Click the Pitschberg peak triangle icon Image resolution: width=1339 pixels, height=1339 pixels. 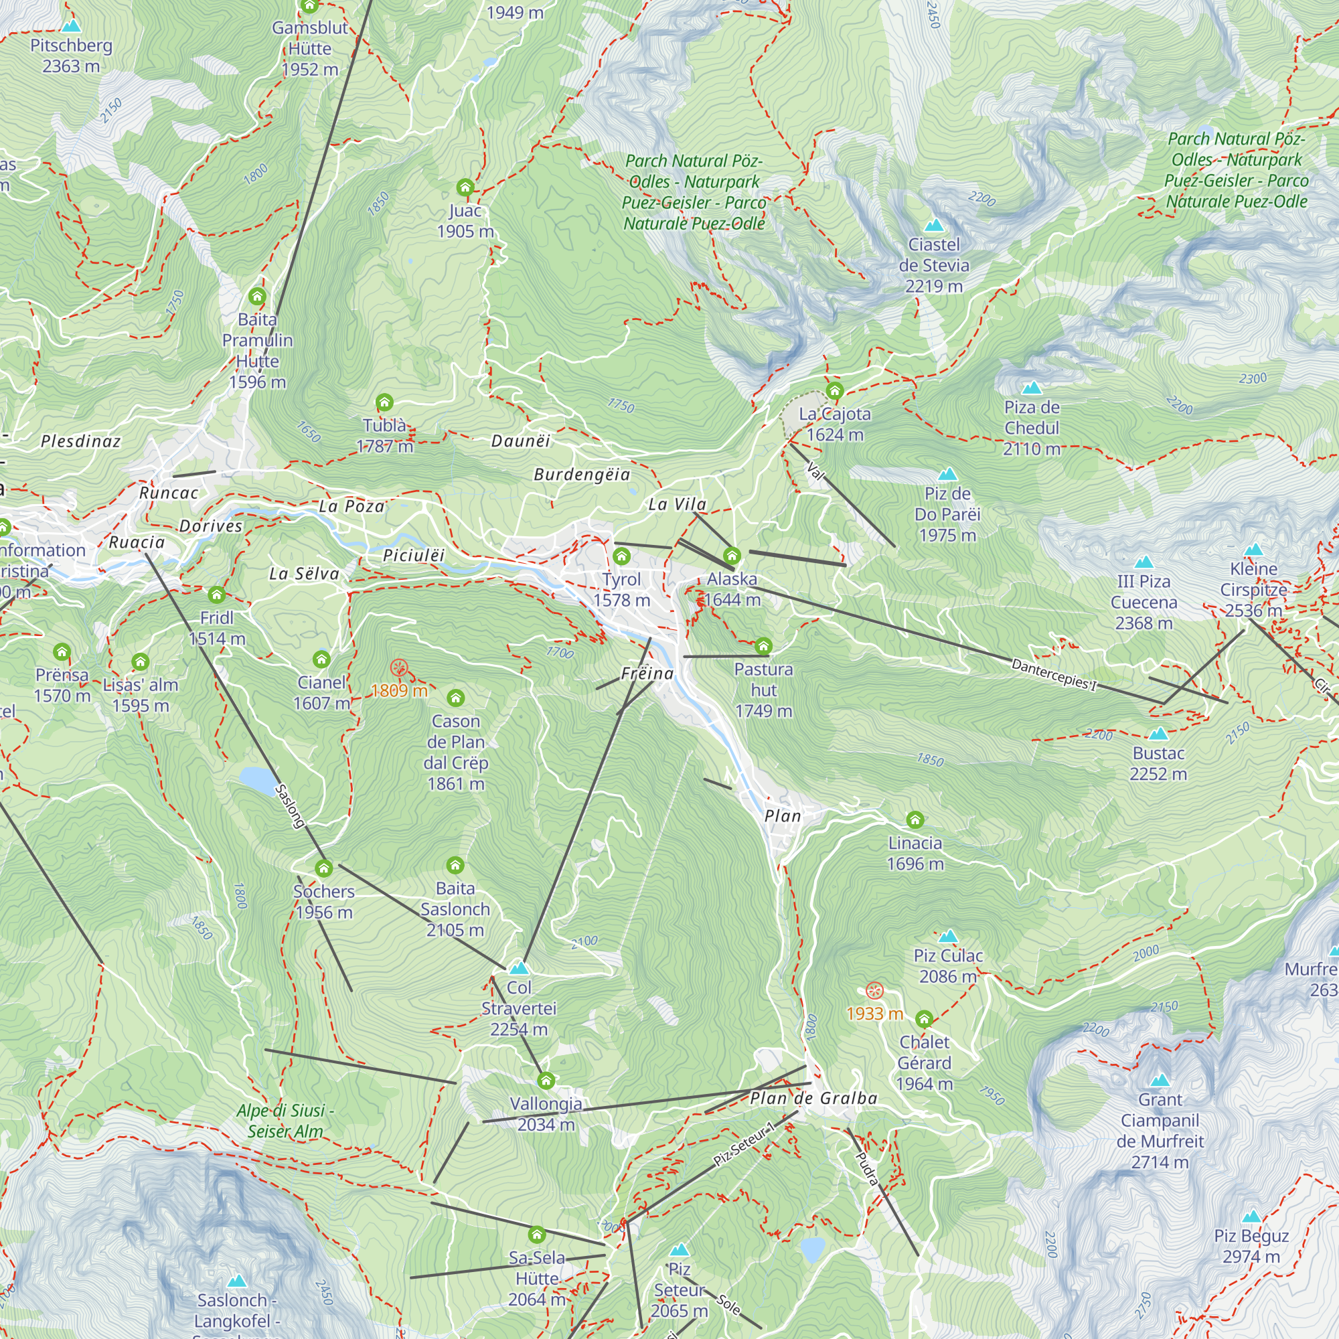tap(72, 26)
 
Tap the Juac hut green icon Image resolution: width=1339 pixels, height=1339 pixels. tap(465, 187)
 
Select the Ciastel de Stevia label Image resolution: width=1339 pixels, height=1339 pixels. tap(933, 264)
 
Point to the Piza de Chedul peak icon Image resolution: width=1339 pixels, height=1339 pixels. tap(1031, 388)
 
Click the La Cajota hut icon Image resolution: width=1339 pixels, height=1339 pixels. tap(834, 390)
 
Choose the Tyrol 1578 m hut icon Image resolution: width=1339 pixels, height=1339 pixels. tap(622, 556)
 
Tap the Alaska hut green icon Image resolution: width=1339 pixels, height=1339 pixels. tap(732, 555)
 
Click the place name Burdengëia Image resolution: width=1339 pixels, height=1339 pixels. tap(582, 475)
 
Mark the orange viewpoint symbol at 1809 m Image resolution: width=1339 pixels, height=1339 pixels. tap(398, 667)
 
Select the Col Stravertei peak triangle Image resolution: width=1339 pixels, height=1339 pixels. tap(519, 968)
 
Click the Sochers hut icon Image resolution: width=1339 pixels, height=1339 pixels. tap(323, 868)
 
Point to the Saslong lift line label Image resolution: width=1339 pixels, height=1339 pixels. tap(290, 805)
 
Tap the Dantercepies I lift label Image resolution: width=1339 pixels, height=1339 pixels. tap(1053, 674)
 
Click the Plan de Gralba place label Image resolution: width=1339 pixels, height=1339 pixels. tap(813, 1099)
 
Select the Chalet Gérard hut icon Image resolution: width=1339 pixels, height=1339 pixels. tap(924, 1019)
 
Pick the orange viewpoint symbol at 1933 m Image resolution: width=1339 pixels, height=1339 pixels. tap(874, 990)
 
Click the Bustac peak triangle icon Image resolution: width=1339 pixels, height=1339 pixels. tap(1158, 734)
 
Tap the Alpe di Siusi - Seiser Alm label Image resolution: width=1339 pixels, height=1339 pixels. tap(285, 1121)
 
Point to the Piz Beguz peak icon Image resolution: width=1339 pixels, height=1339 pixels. tap(1251, 1216)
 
